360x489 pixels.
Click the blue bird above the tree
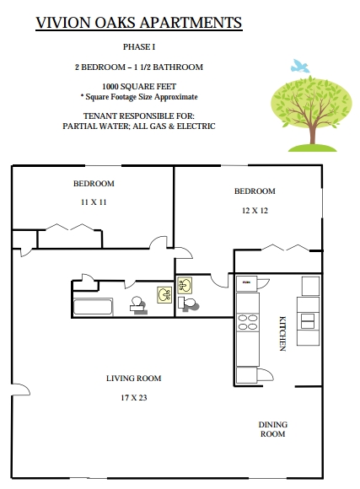(x=299, y=67)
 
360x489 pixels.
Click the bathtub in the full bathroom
(x=93, y=307)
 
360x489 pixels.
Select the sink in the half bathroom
(x=185, y=285)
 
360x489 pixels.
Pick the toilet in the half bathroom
(x=187, y=304)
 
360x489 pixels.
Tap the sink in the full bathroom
(x=164, y=295)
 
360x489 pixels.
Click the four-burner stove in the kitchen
(x=248, y=322)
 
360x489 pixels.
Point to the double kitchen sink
(x=308, y=321)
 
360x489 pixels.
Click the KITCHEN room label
(x=282, y=334)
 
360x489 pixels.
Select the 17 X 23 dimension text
(x=134, y=398)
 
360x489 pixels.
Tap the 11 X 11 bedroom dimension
(x=94, y=202)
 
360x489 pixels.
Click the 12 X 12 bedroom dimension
(x=255, y=211)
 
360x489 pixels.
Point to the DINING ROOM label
(x=273, y=429)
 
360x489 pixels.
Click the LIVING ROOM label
(x=134, y=379)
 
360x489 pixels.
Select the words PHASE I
(x=139, y=46)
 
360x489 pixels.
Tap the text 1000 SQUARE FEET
(x=139, y=86)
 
